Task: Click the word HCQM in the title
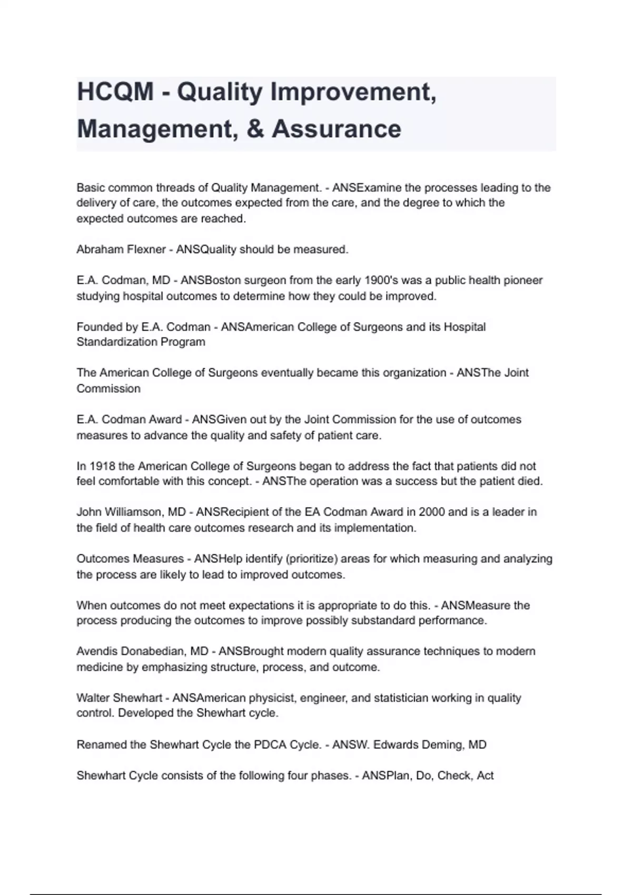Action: pos(115,92)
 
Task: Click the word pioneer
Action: pos(522,281)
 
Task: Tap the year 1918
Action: pos(103,466)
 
